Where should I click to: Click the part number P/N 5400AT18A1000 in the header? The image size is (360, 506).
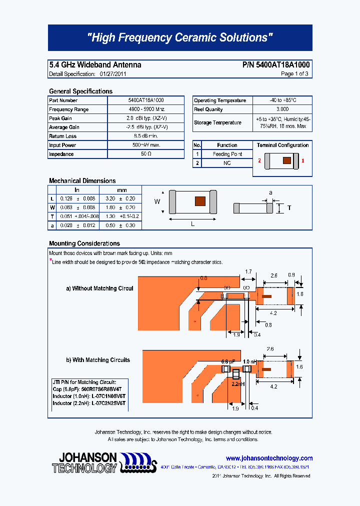(275, 65)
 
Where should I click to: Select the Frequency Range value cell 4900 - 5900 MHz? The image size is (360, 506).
(145, 109)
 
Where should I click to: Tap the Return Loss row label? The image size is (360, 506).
(63, 136)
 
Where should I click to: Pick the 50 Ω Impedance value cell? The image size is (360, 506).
(145, 154)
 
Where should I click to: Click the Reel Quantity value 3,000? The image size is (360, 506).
(282, 109)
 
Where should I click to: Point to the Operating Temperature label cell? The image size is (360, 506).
(220, 100)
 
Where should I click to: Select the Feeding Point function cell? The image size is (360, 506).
(227, 154)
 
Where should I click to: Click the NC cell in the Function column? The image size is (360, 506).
(227, 163)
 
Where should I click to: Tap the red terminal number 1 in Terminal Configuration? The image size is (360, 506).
(303, 161)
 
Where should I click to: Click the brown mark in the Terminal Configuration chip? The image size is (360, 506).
(286, 161)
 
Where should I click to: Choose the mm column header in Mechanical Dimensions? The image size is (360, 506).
(121, 190)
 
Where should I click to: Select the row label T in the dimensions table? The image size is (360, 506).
(51, 216)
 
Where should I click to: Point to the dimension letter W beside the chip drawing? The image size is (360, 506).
(156, 201)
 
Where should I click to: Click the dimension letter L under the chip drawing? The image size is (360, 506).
(192, 224)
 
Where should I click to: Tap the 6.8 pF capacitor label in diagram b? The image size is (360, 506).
(227, 361)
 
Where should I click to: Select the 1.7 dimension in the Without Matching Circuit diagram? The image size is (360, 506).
(248, 272)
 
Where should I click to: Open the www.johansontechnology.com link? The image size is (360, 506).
(269, 458)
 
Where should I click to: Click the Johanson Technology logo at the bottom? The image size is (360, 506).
(104, 463)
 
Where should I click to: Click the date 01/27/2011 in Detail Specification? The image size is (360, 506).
(113, 74)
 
